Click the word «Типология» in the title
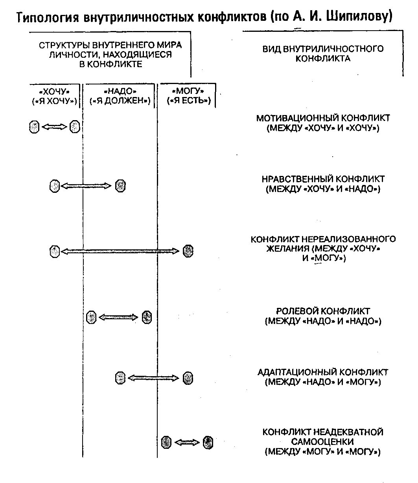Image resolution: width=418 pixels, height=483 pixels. coord(48,18)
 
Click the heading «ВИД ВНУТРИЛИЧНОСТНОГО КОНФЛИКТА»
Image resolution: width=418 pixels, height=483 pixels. coord(323,54)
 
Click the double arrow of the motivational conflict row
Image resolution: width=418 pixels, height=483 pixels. coord(55,127)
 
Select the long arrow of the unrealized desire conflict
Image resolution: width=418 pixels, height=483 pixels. coord(120,251)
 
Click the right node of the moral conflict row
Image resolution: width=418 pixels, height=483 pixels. coord(120,186)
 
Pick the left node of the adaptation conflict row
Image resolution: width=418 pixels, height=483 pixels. coord(120,378)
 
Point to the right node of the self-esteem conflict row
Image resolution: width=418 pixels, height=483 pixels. coord(208,443)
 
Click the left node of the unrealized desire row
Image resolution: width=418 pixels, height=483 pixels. coord(55,251)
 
